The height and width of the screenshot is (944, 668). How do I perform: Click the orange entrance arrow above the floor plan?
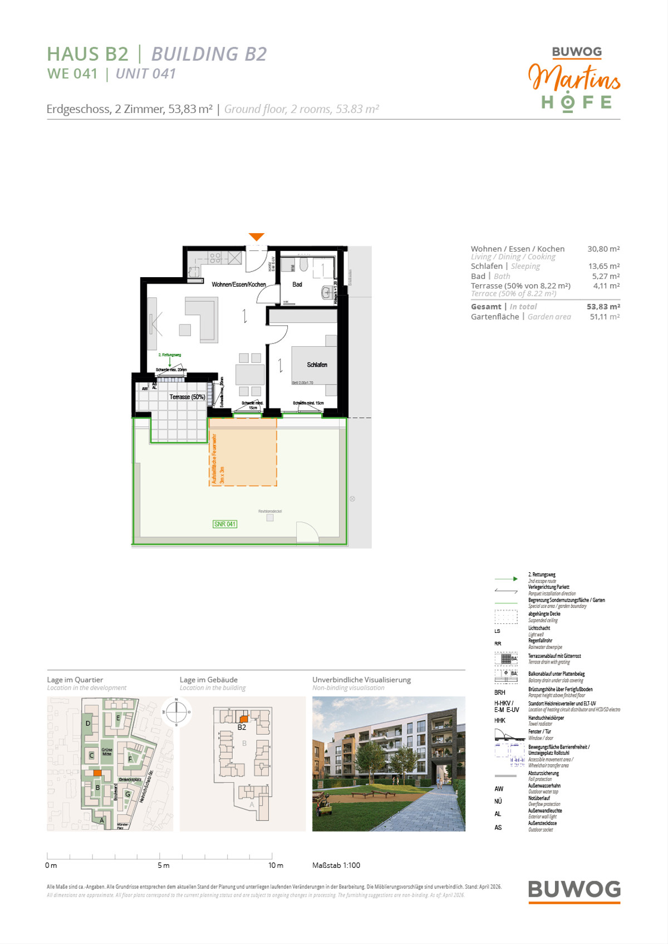click(256, 237)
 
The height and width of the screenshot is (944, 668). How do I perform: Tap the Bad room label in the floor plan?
click(297, 284)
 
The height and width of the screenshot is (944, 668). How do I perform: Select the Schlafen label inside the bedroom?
click(317, 365)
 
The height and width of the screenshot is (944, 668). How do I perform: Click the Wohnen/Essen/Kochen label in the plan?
click(238, 284)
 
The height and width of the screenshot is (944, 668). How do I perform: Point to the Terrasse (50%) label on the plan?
click(187, 397)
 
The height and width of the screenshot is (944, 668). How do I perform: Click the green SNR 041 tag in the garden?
click(225, 524)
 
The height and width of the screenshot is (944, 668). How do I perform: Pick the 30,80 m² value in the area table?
click(603, 249)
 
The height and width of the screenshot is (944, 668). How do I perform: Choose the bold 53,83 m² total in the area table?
click(603, 307)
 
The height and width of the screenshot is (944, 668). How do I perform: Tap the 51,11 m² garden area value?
click(605, 317)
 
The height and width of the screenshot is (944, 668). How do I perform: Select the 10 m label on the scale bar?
click(276, 866)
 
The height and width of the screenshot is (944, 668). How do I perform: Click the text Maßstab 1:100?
click(336, 866)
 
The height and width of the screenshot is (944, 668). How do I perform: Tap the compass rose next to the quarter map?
click(176, 711)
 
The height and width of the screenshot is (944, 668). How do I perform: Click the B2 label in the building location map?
click(242, 727)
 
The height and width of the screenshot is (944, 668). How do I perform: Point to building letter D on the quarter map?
click(88, 724)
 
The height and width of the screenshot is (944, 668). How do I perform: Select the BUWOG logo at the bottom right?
click(574, 890)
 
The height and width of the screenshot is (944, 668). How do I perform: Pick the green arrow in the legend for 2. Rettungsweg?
click(506, 579)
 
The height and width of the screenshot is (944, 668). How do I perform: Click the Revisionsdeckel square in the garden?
click(270, 518)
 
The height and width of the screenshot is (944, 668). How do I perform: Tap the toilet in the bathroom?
click(304, 263)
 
